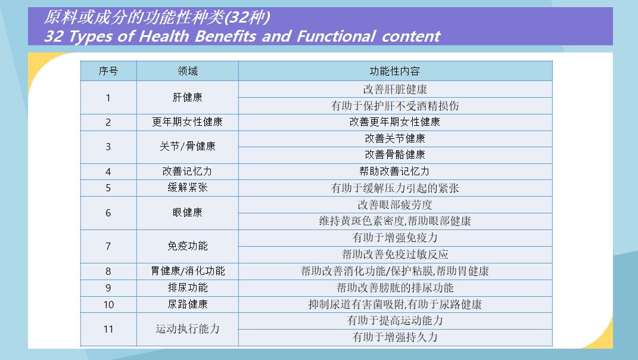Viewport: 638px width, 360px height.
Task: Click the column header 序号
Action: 108,72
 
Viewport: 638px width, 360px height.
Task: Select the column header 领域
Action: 188,72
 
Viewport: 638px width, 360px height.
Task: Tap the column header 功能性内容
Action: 395,72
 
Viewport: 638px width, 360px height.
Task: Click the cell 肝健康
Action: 188,97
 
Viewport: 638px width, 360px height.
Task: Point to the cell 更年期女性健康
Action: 188,122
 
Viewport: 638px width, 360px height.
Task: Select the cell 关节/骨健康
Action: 188,146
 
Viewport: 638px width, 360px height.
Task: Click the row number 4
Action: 108,172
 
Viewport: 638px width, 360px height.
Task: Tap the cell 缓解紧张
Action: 188,187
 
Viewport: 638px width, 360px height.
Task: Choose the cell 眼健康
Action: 188,212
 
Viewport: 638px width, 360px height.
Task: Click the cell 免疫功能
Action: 188,246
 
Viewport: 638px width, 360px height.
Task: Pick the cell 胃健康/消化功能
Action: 188,271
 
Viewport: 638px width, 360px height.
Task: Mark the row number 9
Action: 108,288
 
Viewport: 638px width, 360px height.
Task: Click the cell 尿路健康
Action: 188,304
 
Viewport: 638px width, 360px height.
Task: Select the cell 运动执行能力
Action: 188,328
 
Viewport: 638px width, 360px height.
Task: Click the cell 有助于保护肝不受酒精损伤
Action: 395,106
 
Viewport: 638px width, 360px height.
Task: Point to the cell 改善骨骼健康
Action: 395,155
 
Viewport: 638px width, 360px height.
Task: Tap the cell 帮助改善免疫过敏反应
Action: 395,255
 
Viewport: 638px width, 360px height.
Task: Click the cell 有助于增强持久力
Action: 395,337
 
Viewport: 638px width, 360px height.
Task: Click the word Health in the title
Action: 164,36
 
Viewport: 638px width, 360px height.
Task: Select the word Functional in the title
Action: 336,36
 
